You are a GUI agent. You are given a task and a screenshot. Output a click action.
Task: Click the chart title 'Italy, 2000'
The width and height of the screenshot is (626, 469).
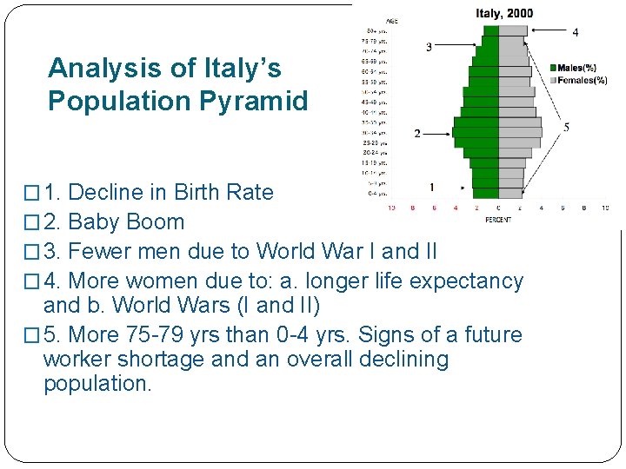coord(504,13)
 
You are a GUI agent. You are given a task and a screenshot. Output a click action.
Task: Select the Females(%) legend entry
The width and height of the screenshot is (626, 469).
coord(581,81)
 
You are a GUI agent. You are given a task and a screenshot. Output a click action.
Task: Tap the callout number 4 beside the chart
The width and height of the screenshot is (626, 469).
coord(576,32)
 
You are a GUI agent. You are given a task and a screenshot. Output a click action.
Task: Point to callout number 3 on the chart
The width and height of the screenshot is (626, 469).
coord(429,47)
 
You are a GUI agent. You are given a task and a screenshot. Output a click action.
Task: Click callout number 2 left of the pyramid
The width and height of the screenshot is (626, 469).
coord(417,134)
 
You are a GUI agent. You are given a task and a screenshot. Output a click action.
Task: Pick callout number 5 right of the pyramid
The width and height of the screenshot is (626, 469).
coord(567,128)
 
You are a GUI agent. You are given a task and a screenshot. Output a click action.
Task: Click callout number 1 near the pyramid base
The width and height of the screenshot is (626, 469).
coord(432,187)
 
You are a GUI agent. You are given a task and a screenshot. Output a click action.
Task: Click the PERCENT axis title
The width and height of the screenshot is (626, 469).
coord(497,219)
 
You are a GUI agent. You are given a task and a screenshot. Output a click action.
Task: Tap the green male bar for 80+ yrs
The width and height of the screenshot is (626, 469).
coord(491,30)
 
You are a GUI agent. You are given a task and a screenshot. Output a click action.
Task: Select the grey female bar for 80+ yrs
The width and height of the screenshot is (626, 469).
coord(512,30)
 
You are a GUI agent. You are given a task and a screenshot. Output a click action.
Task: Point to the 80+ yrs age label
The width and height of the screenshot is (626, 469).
coord(377,31)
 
